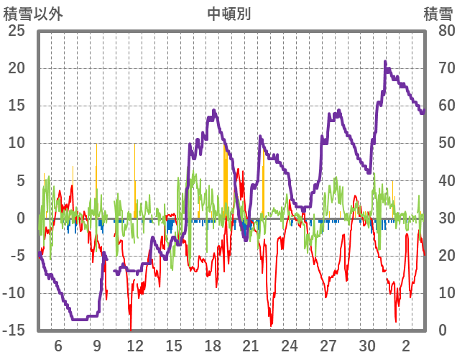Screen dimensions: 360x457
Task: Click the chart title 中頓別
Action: (x=228, y=14)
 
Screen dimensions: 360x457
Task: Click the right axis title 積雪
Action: (x=438, y=14)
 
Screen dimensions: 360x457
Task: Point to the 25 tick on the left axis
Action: (x=16, y=31)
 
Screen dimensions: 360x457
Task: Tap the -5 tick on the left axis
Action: (x=17, y=256)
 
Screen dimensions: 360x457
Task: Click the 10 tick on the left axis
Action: (x=16, y=143)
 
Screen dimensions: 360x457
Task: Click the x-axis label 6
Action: (x=58, y=344)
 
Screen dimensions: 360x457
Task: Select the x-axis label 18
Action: (x=213, y=344)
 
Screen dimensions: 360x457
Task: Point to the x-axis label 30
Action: (x=367, y=344)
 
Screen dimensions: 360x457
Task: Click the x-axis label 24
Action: (x=290, y=344)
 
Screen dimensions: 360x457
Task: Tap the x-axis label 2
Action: (x=406, y=344)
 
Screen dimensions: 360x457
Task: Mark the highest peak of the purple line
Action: (x=385, y=62)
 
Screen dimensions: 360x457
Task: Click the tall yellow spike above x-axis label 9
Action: (x=96, y=144)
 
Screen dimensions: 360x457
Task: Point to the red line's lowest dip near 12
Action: (x=131, y=328)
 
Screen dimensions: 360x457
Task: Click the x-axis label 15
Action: (x=174, y=344)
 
